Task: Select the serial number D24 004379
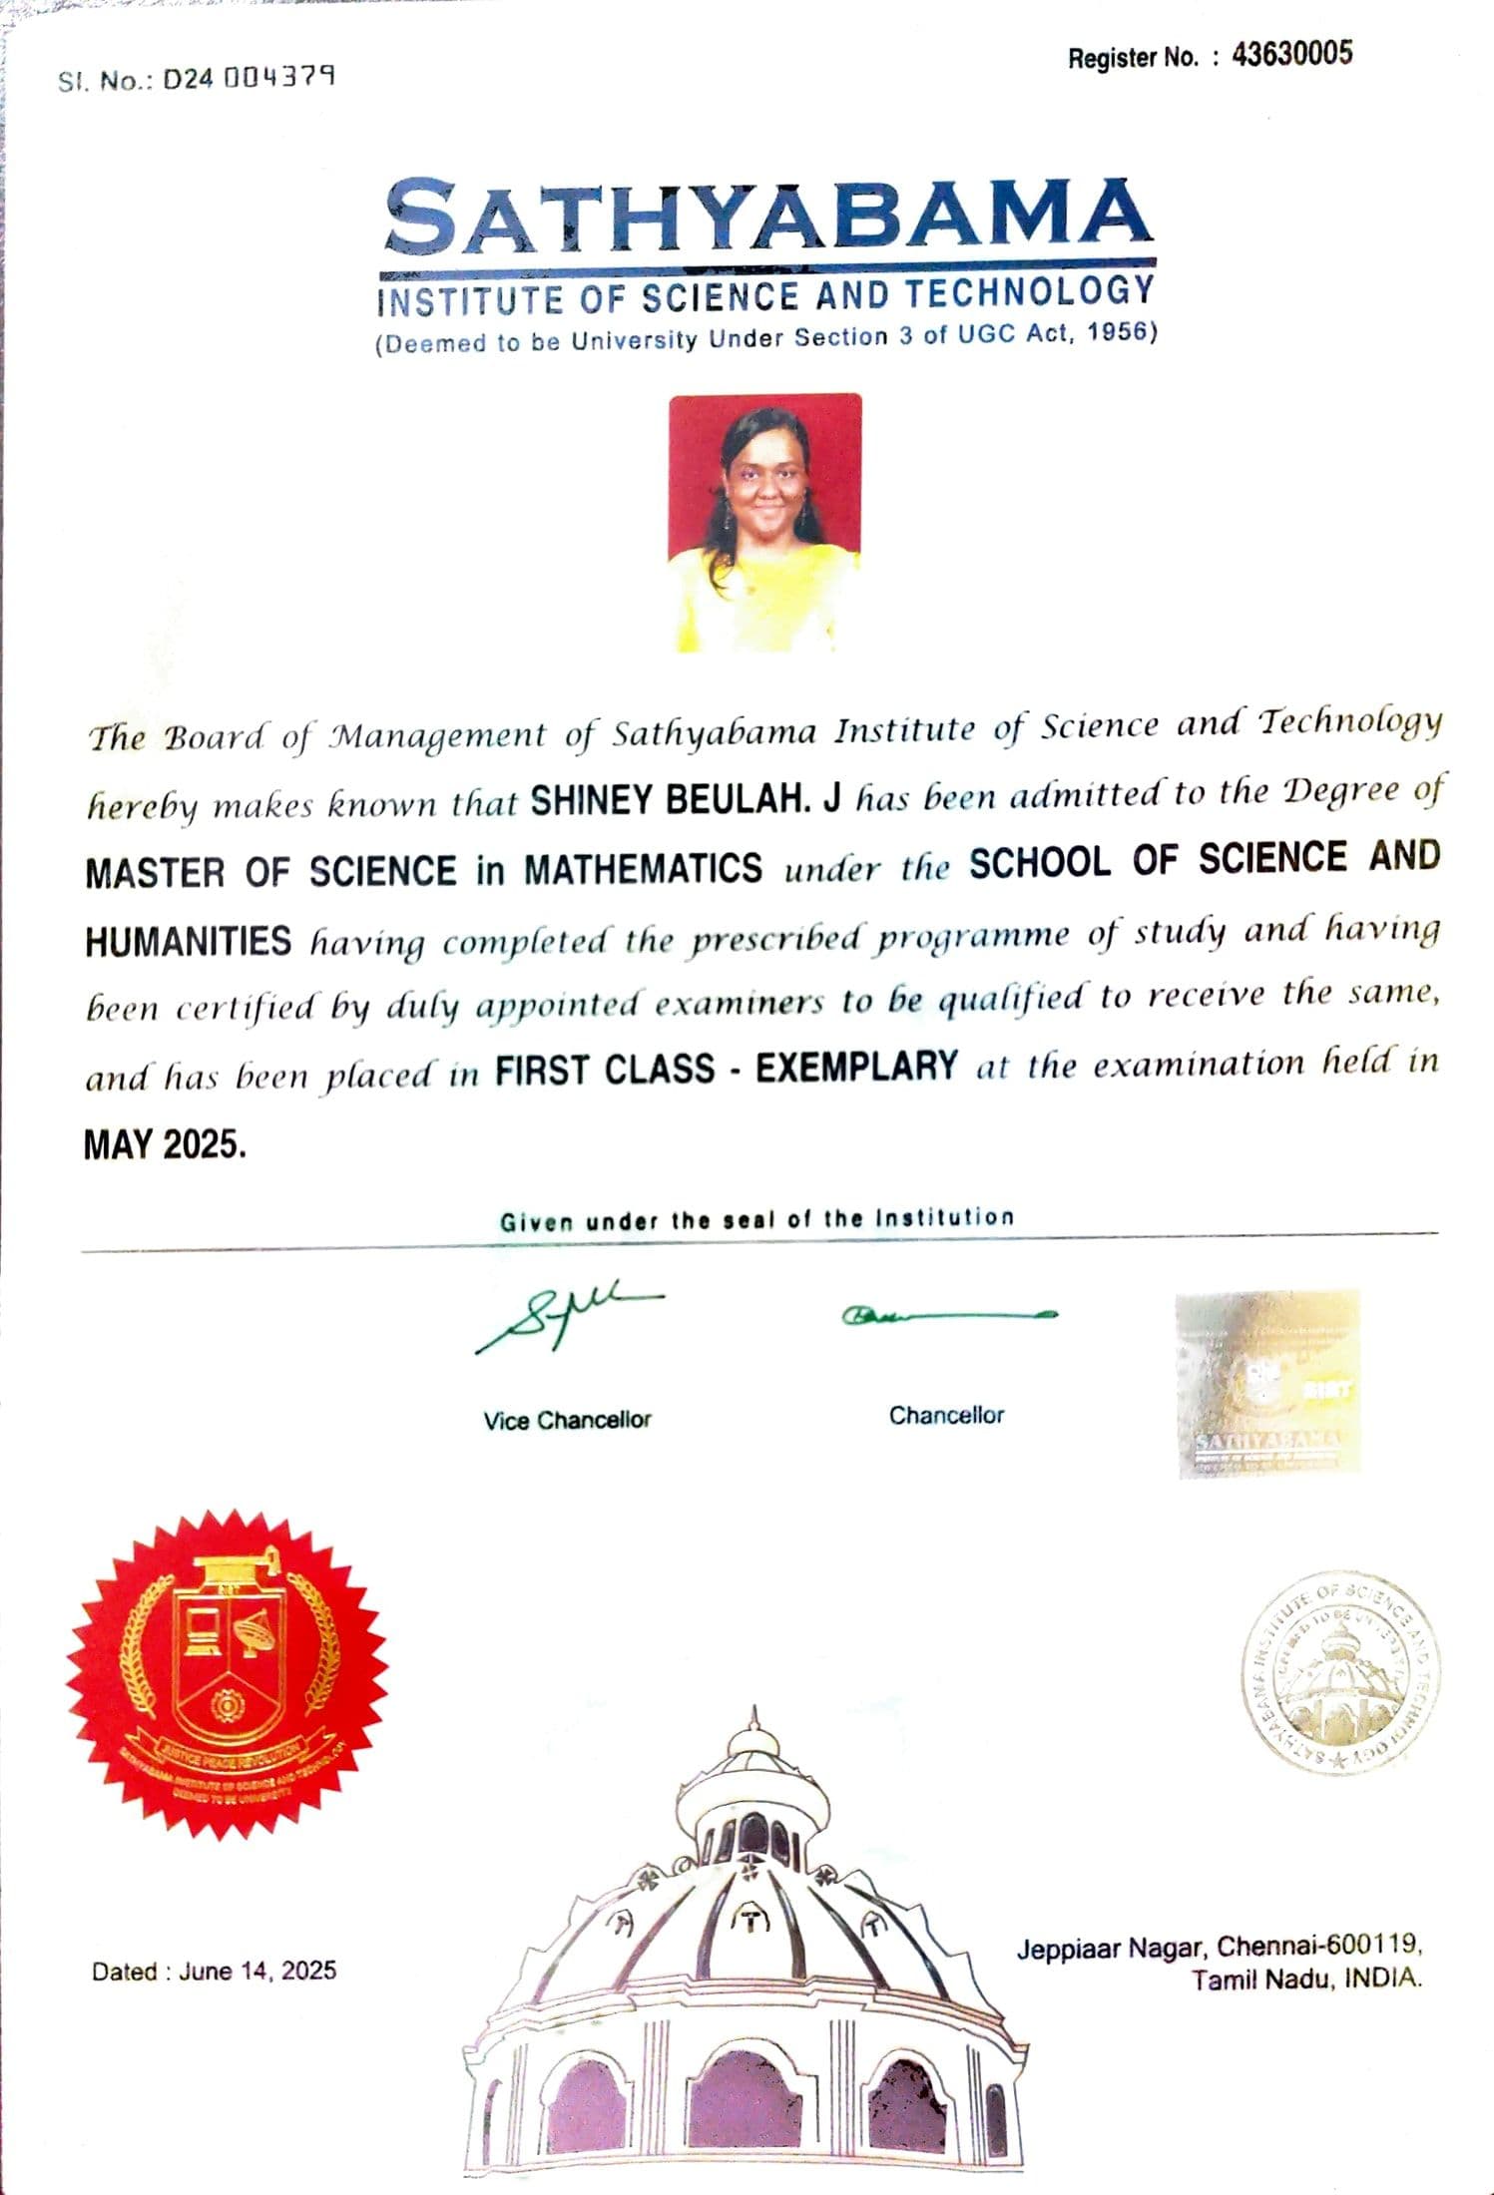(249, 78)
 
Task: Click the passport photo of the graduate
(764, 523)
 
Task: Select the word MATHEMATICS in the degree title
(644, 869)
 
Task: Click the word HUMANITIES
(188, 941)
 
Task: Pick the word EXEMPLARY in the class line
(856, 1067)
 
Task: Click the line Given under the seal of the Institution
(756, 1219)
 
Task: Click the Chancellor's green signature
(948, 1315)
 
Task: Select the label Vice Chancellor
(567, 1420)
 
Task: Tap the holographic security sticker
(1268, 1383)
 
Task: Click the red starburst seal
(228, 1672)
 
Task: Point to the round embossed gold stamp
(1339, 1674)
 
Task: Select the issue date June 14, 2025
(257, 1971)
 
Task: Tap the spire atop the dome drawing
(754, 1718)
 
